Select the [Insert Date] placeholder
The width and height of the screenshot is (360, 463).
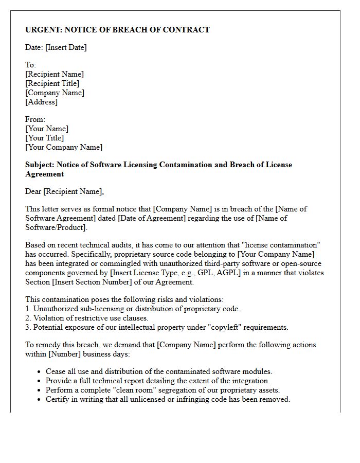tap(66, 47)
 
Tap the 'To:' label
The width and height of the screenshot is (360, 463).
tap(30, 65)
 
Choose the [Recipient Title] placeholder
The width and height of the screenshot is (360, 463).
tap(52, 83)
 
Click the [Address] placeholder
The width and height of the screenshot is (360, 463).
tap(41, 102)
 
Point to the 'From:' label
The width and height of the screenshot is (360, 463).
tap(35, 119)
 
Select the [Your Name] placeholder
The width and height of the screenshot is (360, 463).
tap(46, 129)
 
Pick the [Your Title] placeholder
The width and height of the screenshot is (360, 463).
tap(44, 138)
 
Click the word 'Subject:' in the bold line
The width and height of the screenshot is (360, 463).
tap(40, 165)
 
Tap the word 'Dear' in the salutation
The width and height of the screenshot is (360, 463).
tap(33, 191)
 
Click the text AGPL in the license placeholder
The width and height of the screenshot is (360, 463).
tap(227, 273)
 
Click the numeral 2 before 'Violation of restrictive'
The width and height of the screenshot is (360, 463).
tap(27, 318)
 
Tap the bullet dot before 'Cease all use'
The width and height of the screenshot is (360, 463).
tap(40, 371)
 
